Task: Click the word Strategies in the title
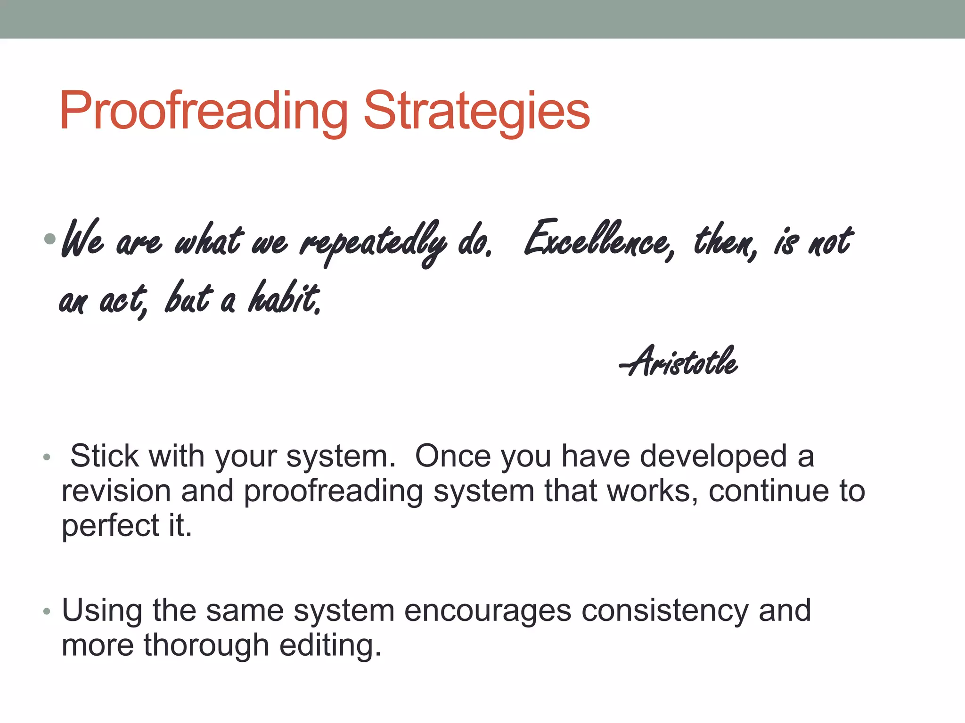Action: point(476,111)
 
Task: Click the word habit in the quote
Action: point(285,297)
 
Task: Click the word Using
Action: point(102,611)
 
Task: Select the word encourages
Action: point(487,611)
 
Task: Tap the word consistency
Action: point(664,611)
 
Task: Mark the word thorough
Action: point(206,645)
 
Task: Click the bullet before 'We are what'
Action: point(49,239)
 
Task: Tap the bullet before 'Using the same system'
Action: point(46,611)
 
